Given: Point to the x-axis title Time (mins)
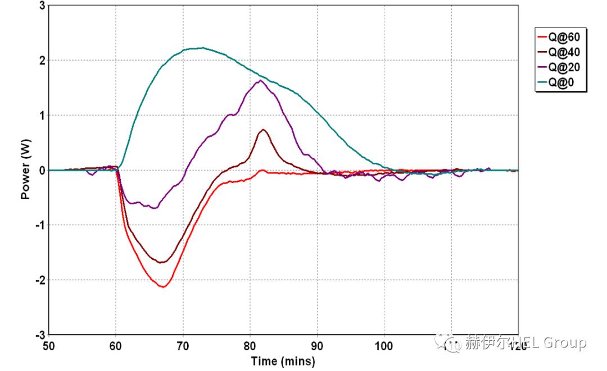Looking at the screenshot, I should click(x=283, y=361).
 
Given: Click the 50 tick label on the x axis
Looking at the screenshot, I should click(x=49, y=346).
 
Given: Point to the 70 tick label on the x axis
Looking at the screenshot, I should click(x=183, y=346).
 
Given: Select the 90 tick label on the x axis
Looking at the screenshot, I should click(x=317, y=346).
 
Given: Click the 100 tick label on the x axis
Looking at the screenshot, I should click(x=384, y=346).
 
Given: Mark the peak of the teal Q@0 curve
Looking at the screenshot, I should click(x=203, y=48).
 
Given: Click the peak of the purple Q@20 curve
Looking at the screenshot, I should click(x=260, y=80).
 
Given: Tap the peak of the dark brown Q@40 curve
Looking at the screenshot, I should click(x=263, y=130).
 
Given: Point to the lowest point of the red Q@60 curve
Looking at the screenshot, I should click(x=164, y=287).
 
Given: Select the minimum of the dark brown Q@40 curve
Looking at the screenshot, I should click(x=162, y=262).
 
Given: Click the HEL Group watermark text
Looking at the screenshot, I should click(x=526, y=342).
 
